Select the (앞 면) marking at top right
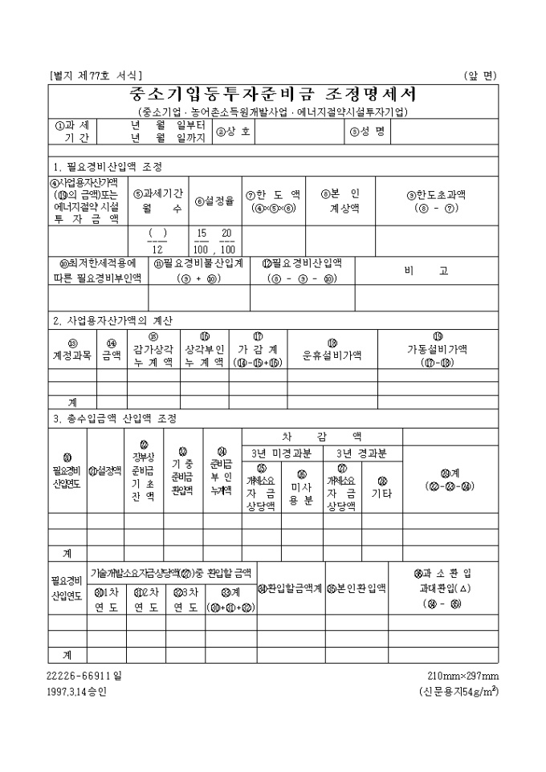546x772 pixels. [481, 75]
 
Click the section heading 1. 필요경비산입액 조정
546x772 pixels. [107, 167]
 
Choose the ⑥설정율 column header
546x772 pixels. [214, 201]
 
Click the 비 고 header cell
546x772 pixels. [437, 271]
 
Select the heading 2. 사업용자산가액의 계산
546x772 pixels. [112, 320]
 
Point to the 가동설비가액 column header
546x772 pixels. [438, 349]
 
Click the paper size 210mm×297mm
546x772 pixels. [463, 676]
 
